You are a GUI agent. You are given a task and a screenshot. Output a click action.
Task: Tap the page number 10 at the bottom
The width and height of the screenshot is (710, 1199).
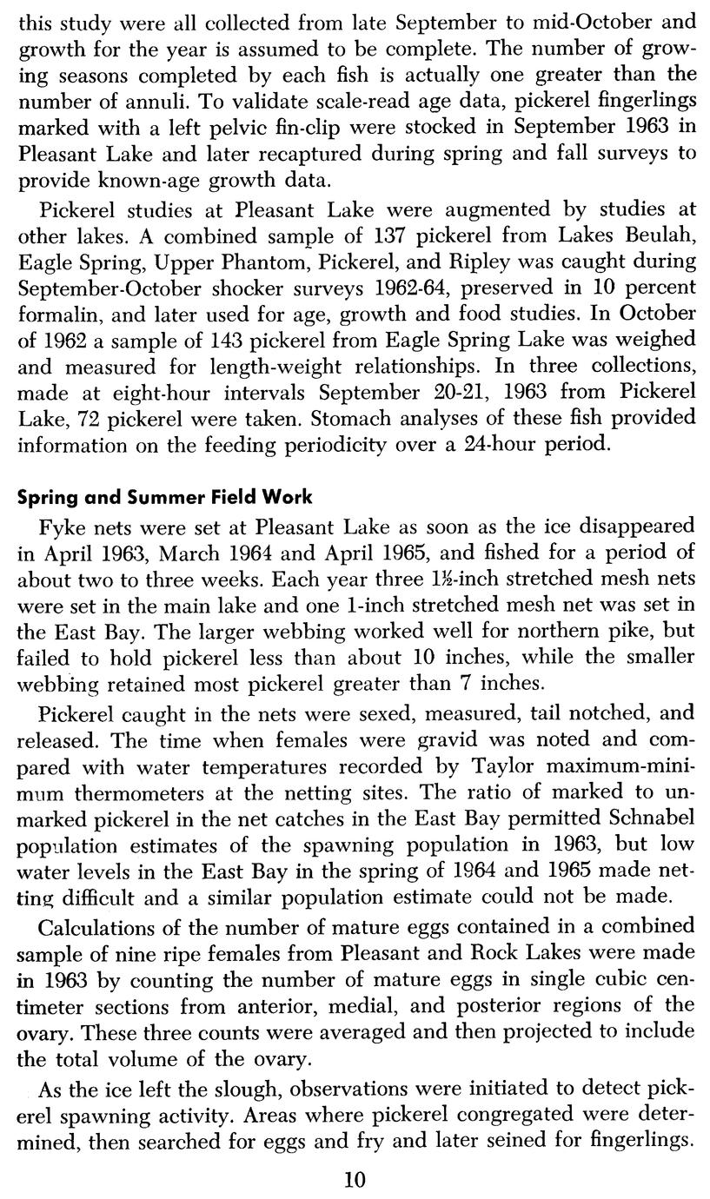tap(355, 1179)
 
